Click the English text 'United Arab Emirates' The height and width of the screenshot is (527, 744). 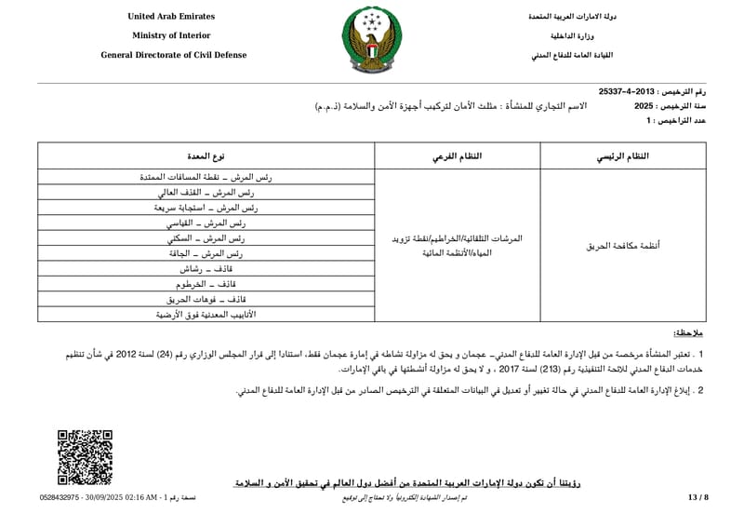point(174,17)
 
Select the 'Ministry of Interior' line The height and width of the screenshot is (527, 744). point(174,35)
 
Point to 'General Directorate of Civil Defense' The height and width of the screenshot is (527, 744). point(174,55)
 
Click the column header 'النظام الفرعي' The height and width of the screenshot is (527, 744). point(457,156)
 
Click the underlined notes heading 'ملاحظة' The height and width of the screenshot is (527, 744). point(688,332)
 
